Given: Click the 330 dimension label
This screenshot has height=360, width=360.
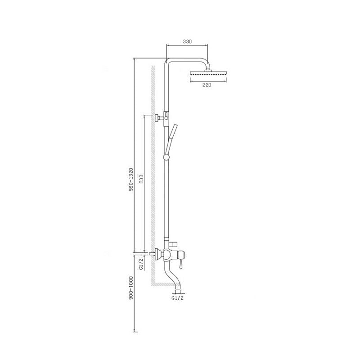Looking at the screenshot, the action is [187, 41].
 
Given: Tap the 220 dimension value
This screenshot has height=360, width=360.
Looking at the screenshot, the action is [207, 85].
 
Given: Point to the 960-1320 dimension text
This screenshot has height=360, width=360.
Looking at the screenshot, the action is [130, 180].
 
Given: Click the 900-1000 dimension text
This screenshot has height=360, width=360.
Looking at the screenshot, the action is [131, 288].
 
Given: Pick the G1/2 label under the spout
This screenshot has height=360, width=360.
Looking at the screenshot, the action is [178, 298].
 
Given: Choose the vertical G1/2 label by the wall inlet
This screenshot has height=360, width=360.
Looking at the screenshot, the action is [141, 264].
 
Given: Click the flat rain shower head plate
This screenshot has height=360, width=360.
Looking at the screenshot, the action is [208, 73].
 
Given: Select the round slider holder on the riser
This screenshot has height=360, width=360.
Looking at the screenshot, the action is [166, 157].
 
